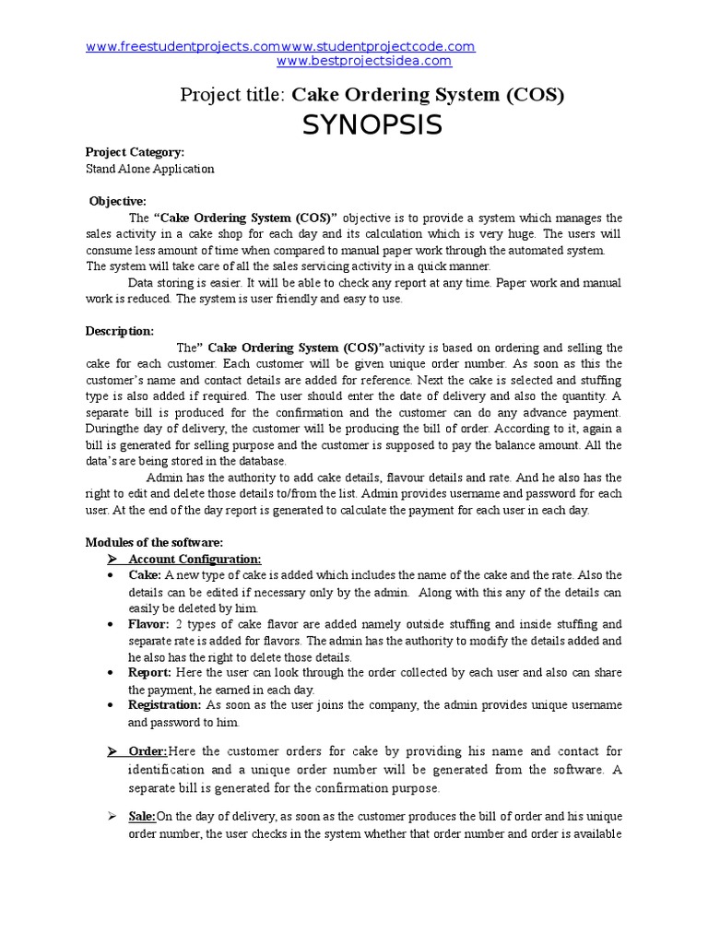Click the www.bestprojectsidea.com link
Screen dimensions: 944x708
click(x=364, y=61)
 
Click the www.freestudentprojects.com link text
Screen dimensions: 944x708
click(x=183, y=46)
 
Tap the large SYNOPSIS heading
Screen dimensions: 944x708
click(x=372, y=124)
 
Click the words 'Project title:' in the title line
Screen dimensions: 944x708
click(x=234, y=95)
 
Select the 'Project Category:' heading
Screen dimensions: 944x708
click(x=136, y=152)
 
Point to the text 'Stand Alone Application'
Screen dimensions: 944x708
click(x=149, y=169)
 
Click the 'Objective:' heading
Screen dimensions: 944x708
click(x=117, y=201)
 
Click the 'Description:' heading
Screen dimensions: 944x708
click(x=120, y=331)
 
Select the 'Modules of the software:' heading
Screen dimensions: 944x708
click(x=154, y=542)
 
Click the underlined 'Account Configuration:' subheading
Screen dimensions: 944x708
click(x=195, y=559)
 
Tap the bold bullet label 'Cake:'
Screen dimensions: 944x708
click(x=145, y=575)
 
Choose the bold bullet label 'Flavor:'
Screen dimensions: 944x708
click(x=148, y=624)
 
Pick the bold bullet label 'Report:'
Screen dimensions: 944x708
click(x=149, y=673)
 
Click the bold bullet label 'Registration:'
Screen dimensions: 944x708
click(x=164, y=705)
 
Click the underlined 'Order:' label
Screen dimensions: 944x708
click(x=147, y=751)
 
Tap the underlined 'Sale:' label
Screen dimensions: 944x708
click(x=142, y=817)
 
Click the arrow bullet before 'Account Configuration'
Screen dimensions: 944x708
click(x=112, y=559)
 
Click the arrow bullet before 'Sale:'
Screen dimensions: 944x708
click(x=112, y=817)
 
